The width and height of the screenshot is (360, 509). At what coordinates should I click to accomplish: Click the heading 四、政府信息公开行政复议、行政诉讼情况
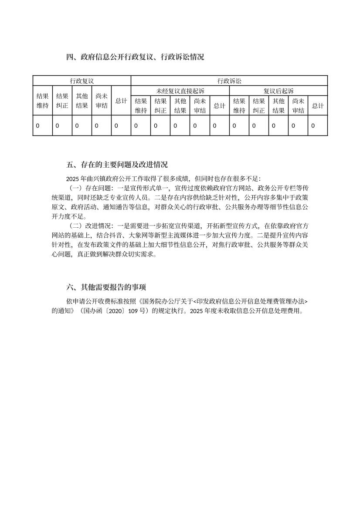[135, 57]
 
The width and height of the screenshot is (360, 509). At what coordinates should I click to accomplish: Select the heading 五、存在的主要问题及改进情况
[117, 165]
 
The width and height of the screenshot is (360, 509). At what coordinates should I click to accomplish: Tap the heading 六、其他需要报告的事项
[106, 287]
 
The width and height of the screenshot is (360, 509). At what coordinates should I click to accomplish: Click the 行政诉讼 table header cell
[229, 81]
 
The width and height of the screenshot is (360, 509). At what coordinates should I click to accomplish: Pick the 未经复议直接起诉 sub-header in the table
[180, 91]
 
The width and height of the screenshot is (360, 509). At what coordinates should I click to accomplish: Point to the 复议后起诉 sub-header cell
[278, 91]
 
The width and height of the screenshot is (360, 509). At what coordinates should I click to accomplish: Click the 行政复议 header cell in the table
[82, 81]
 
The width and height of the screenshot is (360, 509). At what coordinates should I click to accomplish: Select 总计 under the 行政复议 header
[121, 101]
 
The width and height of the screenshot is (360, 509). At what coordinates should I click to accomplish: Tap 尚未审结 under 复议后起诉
[298, 105]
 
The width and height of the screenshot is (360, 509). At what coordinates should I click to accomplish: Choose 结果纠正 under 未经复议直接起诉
[160, 105]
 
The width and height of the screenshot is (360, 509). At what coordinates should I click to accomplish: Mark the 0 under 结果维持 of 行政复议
[37, 125]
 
